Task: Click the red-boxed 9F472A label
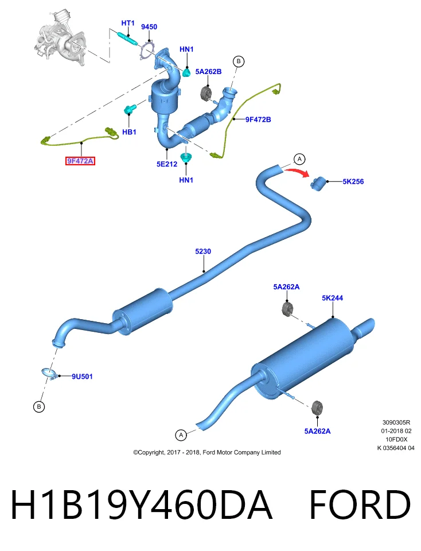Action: [x=80, y=161]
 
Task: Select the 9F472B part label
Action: [x=258, y=119]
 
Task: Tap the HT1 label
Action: [x=128, y=23]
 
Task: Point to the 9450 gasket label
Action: [x=149, y=27]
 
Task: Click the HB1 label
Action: [x=129, y=132]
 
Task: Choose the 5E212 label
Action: [x=167, y=164]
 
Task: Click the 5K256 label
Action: [x=353, y=182]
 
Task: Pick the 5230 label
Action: [x=203, y=251]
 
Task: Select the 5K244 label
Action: [x=332, y=298]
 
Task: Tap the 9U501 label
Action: [x=82, y=377]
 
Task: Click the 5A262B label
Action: [x=208, y=72]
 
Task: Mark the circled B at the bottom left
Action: [x=38, y=406]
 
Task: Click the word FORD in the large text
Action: [x=360, y=504]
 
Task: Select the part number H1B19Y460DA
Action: [x=142, y=504]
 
